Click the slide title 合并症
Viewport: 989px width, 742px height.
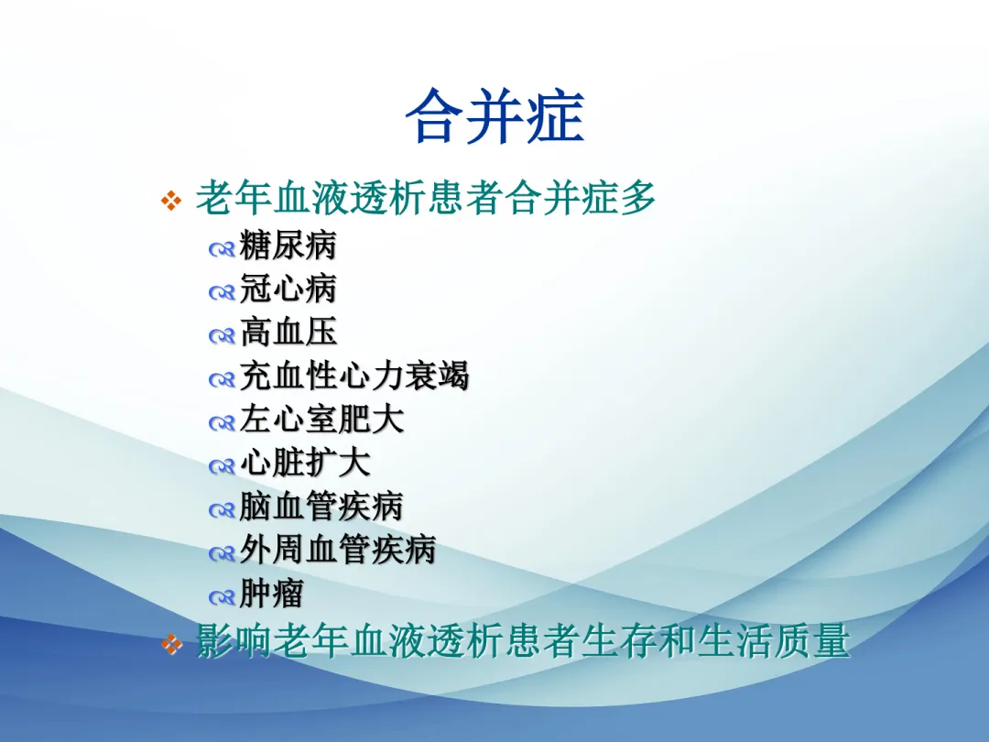click(x=495, y=115)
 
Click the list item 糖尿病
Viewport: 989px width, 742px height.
click(x=288, y=245)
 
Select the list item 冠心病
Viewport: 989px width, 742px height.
click(x=288, y=289)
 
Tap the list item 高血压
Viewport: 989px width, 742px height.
click(x=288, y=332)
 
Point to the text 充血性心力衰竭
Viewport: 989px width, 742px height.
click(x=354, y=376)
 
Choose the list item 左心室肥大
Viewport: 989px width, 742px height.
click(x=321, y=420)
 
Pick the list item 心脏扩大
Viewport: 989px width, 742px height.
click(x=305, y=464)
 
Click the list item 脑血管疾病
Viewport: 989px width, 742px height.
click(x=321, y=507)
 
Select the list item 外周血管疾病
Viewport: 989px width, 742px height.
click(x=338, y=551)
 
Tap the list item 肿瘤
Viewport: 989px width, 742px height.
click(x=272, y=594)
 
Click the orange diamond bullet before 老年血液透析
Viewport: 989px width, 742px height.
click(x=171, y=201)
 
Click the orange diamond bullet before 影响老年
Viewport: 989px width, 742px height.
click(x=171, y=644)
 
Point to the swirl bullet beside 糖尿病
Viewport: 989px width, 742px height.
click(x=222, y=250)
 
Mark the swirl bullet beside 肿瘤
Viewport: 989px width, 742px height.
click(x=222, y=597)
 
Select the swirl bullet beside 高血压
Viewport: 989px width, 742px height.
click(x=222, y=336)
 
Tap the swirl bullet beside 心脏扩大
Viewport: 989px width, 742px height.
click(x=222, y=467)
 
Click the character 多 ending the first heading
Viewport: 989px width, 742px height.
click(x=637, y=198)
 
